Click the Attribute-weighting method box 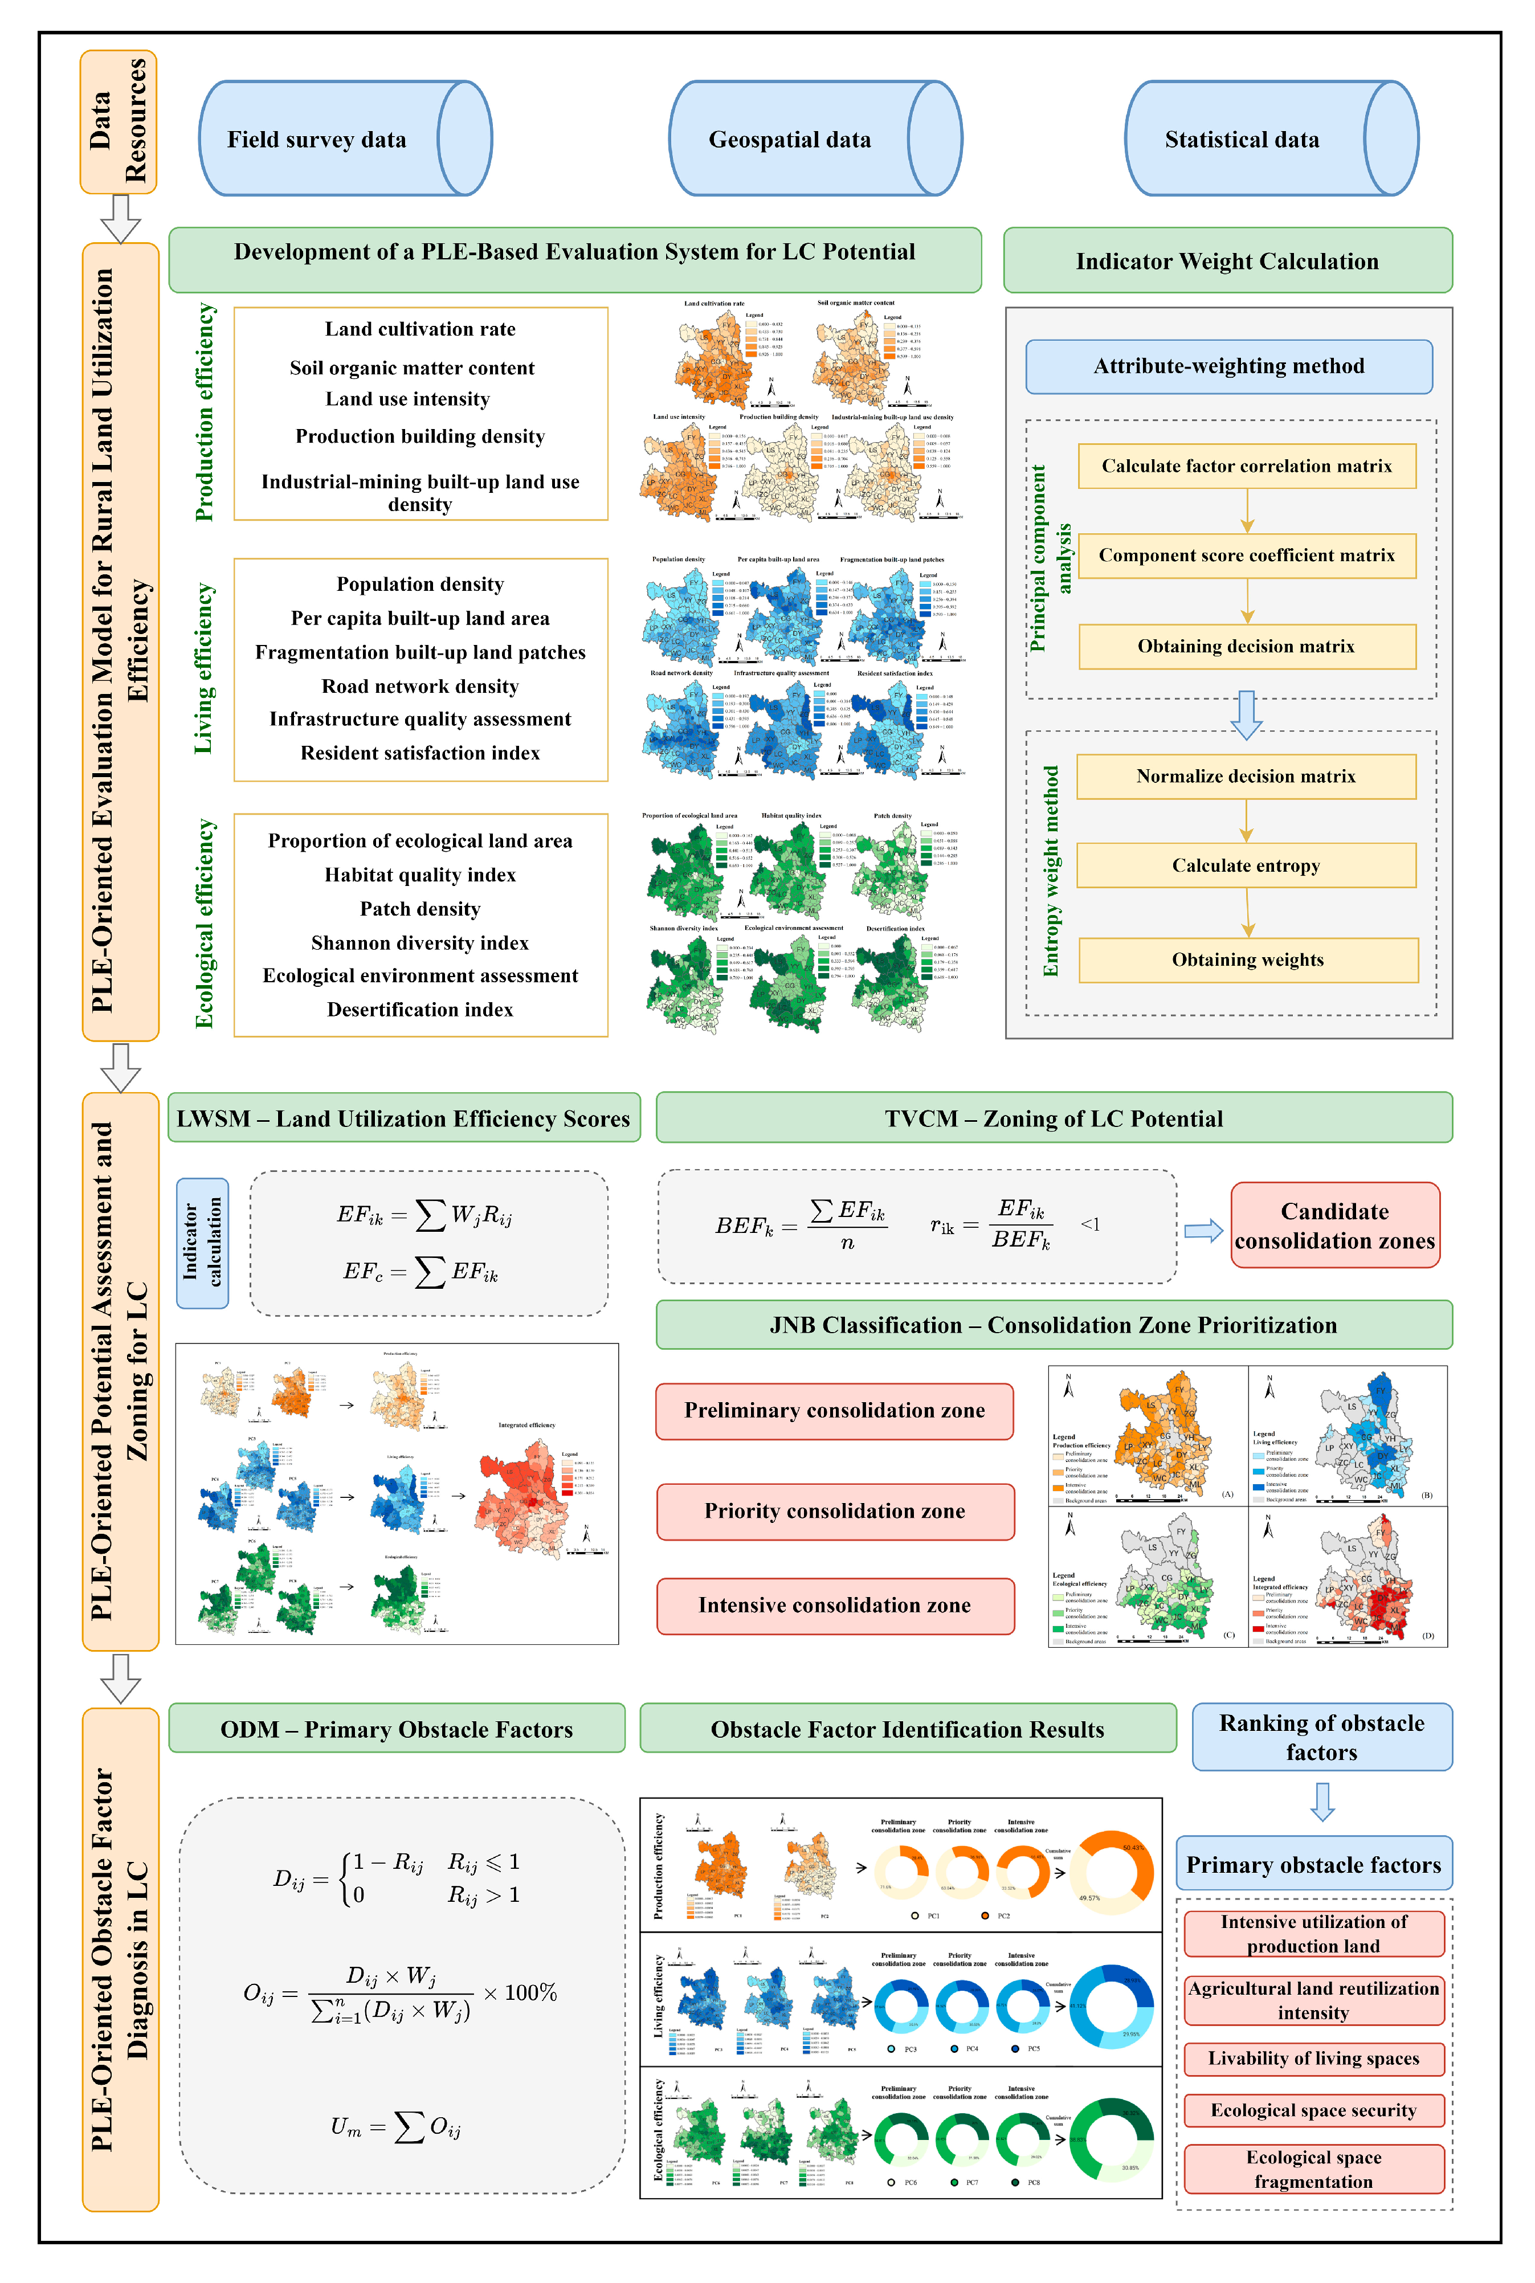pos(1228,366)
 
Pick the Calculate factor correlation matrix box pos(1246,466)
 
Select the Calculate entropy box pos(1246,865)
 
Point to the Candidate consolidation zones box pos(1334,1226)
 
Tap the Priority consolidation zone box pos(834,1510)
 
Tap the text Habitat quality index pos(420,874)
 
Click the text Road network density pos(420,687)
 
